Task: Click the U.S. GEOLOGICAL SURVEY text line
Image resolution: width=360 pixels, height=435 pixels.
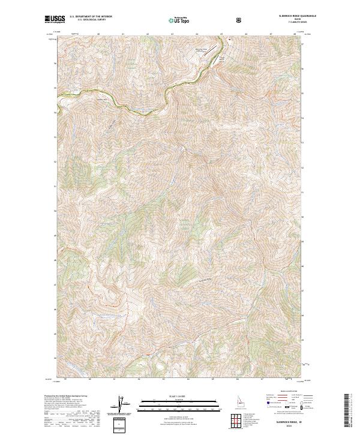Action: click(88, 22)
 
